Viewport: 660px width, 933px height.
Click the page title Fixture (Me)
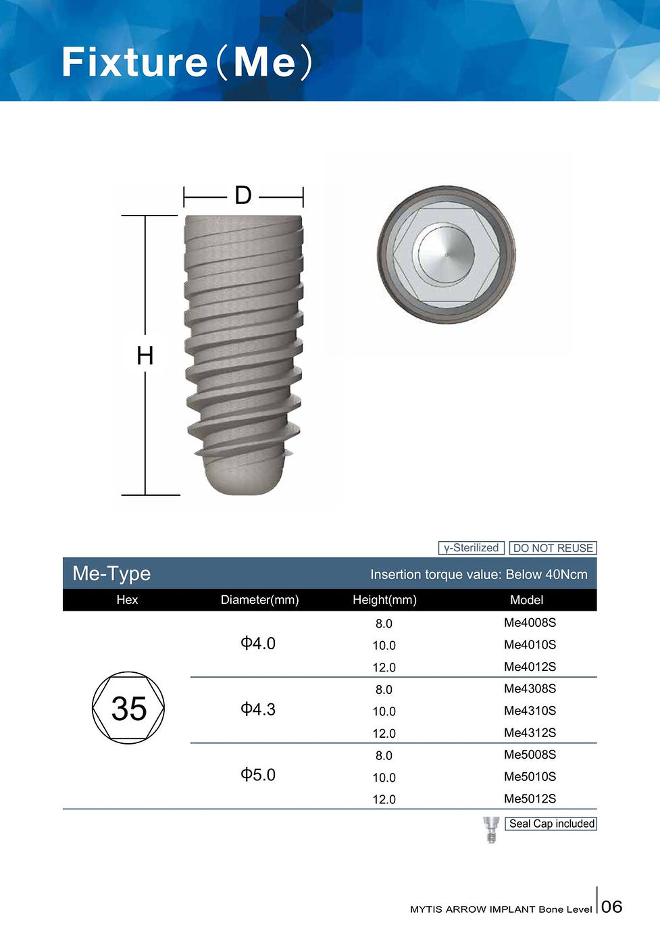(187, 62)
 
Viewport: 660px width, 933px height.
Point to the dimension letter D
(243, 196)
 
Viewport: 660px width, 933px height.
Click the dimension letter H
(145, 355)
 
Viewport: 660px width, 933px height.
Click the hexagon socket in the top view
(446, 255)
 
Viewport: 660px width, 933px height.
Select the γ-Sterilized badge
(471, 548)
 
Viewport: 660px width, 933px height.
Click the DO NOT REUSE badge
(553, 548)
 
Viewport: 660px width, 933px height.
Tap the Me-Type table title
(111, 574)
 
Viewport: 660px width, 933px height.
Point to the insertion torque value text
(478, 574)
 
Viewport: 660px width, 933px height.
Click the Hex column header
(127, 600)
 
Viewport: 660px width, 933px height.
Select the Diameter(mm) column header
(259, 600)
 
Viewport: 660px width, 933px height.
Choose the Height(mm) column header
(384, 600)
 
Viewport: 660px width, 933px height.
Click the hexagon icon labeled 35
(128, 708)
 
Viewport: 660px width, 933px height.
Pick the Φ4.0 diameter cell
(258, 643)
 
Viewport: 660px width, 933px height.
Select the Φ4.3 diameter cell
(258, 709)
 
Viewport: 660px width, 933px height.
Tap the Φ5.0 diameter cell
(258, 775)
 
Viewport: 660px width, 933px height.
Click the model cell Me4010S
(530, 645)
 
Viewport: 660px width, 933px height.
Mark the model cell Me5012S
(530, 799)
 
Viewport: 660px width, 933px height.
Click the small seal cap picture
(491, 829)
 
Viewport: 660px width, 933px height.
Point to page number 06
(611, 907)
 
